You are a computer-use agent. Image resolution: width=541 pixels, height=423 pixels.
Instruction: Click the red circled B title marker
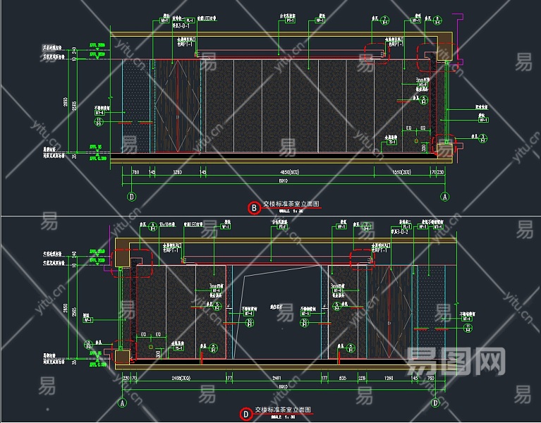click(254, 207)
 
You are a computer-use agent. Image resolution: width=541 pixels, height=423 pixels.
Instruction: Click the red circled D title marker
click(245, 415)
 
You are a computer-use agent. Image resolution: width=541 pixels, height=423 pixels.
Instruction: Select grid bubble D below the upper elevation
click(130, 196)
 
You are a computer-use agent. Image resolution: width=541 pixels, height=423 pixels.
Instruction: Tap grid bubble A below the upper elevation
click(445, 196)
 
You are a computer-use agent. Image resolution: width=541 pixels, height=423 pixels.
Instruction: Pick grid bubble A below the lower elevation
click(122, 403)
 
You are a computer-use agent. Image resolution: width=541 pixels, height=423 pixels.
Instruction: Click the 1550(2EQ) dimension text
click(401, 172)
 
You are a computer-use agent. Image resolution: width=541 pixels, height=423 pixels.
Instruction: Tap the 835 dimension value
click(342, 378)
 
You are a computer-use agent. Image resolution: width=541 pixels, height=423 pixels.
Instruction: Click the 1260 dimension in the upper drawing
click(178, 172)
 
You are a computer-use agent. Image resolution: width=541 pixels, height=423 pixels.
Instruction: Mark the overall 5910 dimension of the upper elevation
click(282, 182)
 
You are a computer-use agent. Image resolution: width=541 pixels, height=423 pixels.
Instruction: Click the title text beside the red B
click(291, 204)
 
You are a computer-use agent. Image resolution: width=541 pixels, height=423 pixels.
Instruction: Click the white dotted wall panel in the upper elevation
click(137, 106)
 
